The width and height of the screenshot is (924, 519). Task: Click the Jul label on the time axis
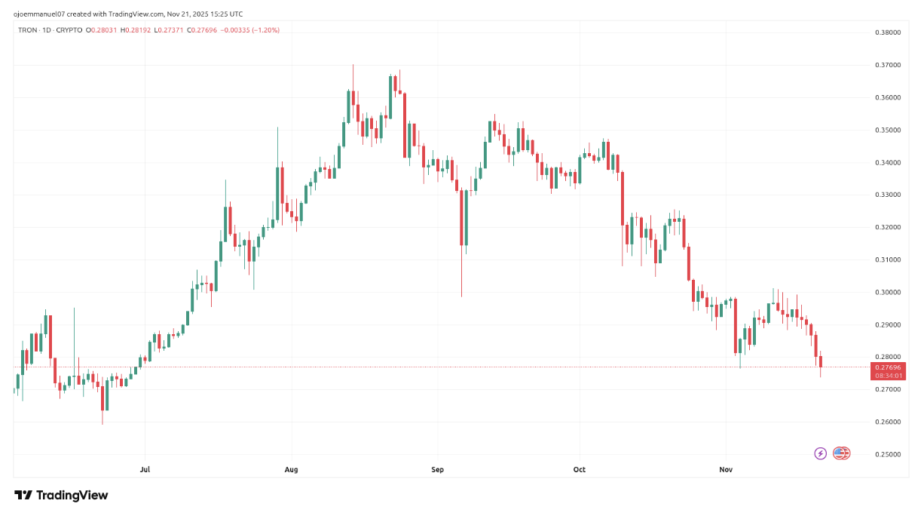[145, 470]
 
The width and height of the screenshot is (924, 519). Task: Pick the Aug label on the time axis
[292, 470]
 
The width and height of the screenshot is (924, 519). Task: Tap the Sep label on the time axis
[438, 470]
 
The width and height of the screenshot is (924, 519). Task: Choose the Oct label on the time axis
[580, 470]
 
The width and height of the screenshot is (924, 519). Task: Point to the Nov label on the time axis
[726, 470]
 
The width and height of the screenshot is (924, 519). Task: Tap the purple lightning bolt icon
[821, 453]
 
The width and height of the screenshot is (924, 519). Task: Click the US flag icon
[842, 453]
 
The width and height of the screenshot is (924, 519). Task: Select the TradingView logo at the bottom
[62, 496]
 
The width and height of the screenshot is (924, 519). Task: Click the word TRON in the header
[28, 30]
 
